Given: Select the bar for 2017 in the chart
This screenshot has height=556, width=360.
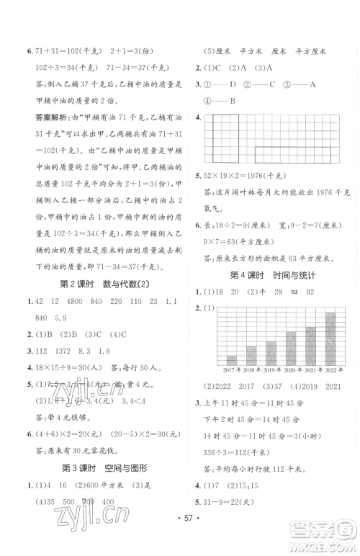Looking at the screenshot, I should click(x=232, y=359).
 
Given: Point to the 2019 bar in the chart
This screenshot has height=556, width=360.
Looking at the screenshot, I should click(x=271, y=352).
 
